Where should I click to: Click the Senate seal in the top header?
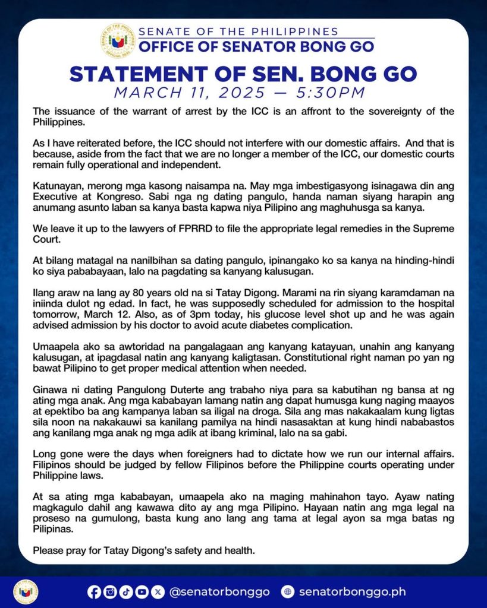point(118,40)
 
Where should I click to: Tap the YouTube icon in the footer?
point(142,591)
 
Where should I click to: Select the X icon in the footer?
point(157,591)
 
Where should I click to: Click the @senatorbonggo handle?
point(219,592)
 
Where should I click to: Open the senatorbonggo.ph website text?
point(352,592)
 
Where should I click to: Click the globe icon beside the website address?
point(288,591)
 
